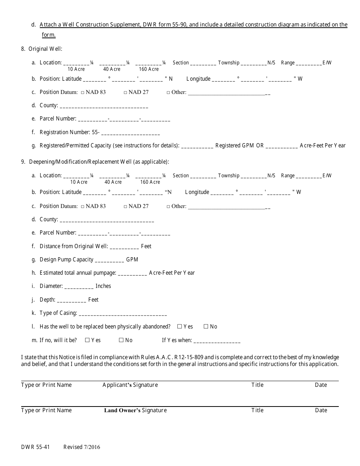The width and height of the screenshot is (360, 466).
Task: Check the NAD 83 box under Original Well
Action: click(83, 92)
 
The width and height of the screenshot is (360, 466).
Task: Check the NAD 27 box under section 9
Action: click(125, 206)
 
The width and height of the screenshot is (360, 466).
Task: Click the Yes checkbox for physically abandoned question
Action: click(180, 326)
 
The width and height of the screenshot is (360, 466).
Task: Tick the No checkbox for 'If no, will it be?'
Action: click(121, 340)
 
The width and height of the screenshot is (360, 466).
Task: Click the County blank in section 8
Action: click(104, 106)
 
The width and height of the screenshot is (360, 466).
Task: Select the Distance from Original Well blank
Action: click(124, 247)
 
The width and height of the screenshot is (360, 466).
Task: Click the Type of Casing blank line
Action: click(123, 314)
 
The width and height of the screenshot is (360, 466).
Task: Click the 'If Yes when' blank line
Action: click(217, 341)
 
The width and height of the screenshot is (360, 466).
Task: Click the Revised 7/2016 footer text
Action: click(82, 447)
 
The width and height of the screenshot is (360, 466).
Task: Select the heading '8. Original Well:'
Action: click(41, 49)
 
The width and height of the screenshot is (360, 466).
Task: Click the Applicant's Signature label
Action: click(130, 385)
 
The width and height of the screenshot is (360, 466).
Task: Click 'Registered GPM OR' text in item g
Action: click(239, 145)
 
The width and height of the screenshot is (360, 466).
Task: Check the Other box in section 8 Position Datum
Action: click(168, 92)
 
